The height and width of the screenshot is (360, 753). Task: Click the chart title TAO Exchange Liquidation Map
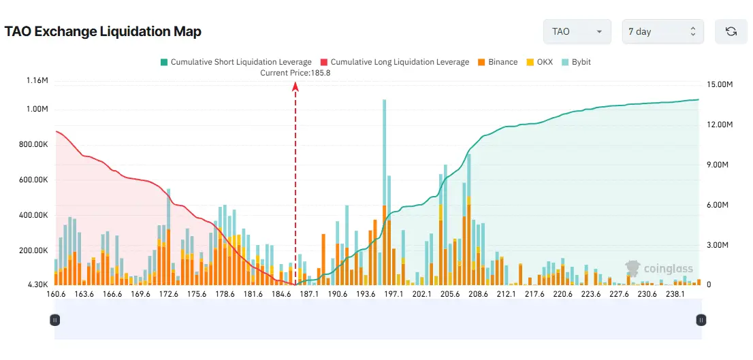103,32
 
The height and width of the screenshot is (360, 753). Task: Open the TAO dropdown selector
576,31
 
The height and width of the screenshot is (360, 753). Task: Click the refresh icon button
731,31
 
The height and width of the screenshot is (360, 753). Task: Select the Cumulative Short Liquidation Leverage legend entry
236,62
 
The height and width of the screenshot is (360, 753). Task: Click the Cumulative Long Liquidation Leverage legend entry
394,62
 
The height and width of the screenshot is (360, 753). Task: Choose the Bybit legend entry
576,62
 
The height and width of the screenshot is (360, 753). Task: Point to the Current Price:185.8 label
295,73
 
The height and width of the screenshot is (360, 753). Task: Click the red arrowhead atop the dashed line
295,86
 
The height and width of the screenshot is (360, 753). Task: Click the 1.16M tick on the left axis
37,81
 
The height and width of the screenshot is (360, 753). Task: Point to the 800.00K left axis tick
33,145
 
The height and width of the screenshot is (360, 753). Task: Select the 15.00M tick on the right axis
720,85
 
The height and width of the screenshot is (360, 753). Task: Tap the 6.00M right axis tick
720,205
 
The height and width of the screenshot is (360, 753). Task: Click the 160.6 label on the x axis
55,294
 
